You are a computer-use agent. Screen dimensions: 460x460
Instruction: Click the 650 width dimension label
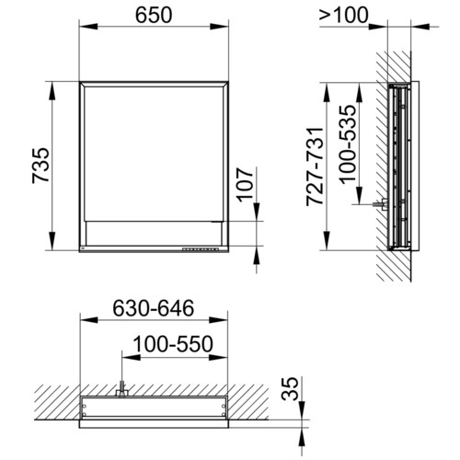pyautogui.click(x=154, y=16)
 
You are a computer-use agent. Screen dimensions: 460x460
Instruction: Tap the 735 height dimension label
pyautogui.click(x=40, y=166)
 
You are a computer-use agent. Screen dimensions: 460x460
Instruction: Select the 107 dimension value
pyautogui.click(x=247, y=184)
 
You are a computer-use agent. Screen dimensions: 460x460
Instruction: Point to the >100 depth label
pyautogui.click(x=343, y=16)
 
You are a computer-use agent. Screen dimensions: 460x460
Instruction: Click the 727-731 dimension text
pyautogui.click(x=315, y=166)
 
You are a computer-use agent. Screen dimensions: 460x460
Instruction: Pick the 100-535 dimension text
pyautogui.click(x=349, y=144)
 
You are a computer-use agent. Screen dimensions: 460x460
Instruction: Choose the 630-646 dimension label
pyautogui.click(x=154, y=308)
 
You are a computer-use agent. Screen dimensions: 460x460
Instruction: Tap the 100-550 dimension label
pyautogui.click(x=173, y=344)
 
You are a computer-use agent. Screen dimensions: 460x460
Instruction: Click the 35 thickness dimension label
pyautogui.click(x=290, y=388)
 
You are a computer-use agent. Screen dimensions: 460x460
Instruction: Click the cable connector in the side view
pyautogui.click(x=381, y=204)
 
